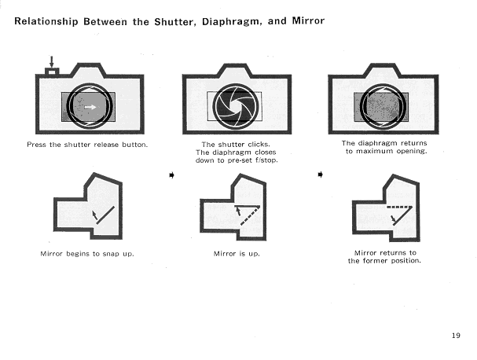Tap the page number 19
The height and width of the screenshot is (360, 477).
click(456, 336)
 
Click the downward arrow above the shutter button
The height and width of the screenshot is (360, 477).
click(52, 61)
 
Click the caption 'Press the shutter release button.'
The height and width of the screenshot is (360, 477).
click(86, 145)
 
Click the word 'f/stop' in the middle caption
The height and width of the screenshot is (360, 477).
click(254, 160)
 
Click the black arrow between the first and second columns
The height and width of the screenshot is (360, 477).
click(171, 174)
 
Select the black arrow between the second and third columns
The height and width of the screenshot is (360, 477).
click(320, 174)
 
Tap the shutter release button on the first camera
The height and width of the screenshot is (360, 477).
click(52, 73)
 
